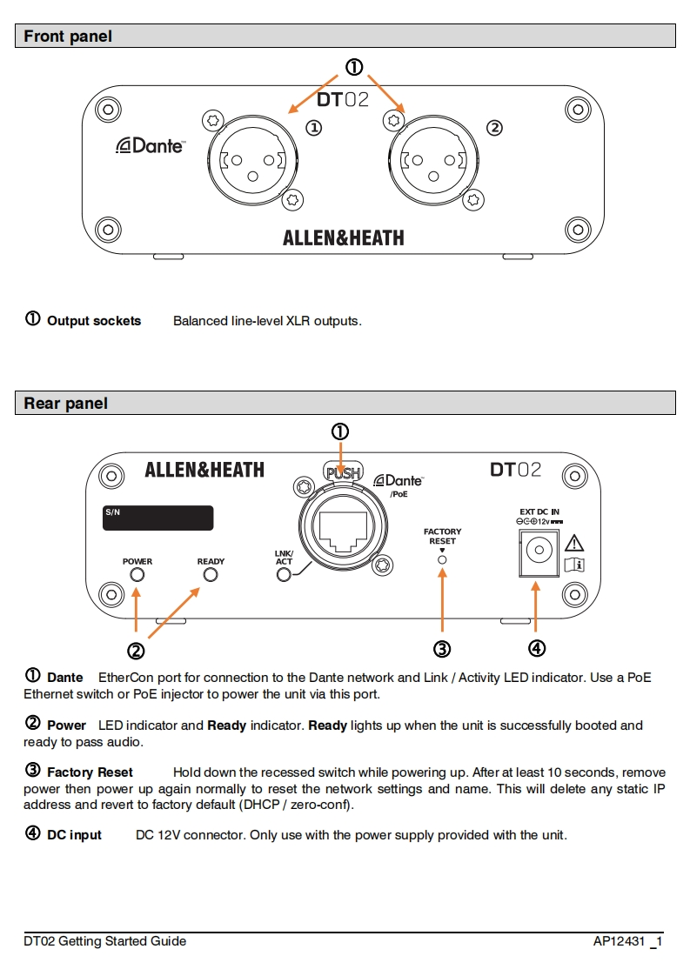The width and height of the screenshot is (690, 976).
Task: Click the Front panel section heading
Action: pos(68,37)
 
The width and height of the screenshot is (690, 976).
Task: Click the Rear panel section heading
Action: pos(66,404)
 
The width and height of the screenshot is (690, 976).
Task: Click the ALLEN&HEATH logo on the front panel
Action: pos(343,237)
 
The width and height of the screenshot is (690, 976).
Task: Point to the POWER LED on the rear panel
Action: pos(137,575)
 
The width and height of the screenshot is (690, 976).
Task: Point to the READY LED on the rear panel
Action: pos(211,575)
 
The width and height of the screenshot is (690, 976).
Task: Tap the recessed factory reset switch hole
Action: pos(442,559)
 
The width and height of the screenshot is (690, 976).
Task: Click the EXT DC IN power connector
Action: pos(536,552)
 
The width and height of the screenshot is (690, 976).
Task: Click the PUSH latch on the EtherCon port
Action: pos(341,473)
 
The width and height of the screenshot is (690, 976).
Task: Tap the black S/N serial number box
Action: pos(157,518)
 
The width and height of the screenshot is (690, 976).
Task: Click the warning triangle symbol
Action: pos(574,544)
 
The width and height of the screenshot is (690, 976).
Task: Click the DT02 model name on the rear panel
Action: pos(515,470)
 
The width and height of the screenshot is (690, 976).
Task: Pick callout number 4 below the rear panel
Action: pos(536,648)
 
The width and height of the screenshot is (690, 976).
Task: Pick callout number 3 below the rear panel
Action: pos(442,649)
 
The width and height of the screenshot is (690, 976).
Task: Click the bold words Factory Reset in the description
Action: pos(90,772)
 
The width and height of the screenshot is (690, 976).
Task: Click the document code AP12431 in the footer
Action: pos(619,941)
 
